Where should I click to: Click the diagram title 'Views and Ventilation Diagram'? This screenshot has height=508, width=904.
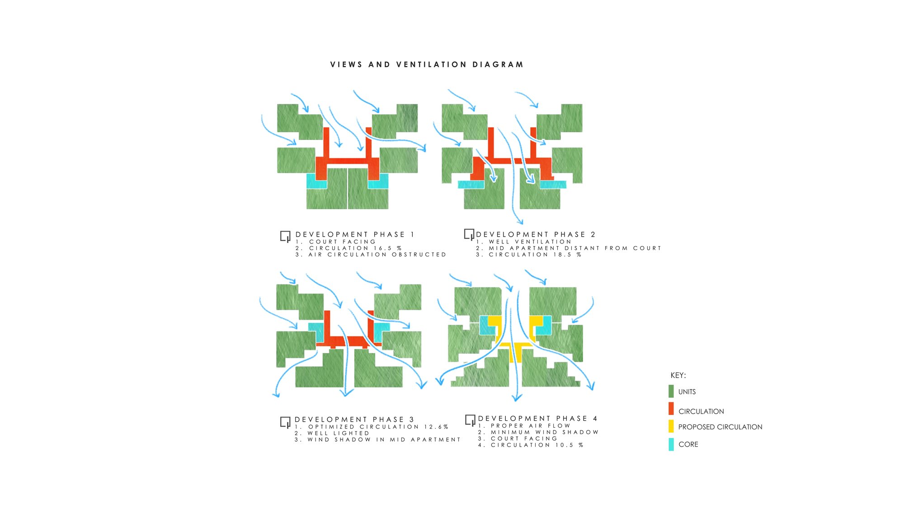427,65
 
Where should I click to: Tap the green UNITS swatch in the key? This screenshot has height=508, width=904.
671,391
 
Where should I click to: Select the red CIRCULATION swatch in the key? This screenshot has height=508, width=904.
671,409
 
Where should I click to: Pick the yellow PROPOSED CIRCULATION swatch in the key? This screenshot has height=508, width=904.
671,426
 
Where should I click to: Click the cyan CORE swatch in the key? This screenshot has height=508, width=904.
671,444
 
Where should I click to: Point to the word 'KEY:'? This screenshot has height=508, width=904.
678,375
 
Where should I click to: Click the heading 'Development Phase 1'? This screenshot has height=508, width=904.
355,234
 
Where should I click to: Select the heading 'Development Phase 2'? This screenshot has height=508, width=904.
536,234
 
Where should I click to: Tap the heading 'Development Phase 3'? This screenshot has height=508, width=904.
354,419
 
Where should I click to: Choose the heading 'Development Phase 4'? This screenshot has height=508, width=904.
537,419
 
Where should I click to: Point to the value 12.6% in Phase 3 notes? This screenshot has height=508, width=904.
436,427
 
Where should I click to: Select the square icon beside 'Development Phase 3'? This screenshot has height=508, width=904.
285,422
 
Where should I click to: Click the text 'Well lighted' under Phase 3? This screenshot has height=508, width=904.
338,433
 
